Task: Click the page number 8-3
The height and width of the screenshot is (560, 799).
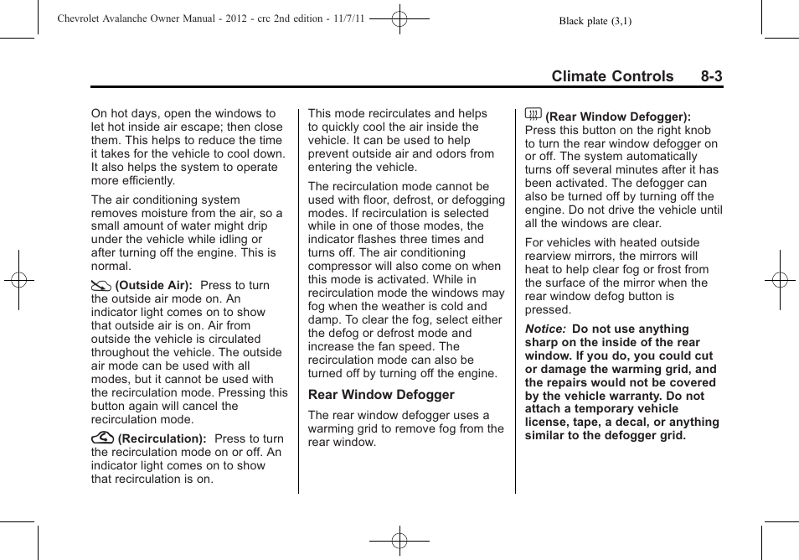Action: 712,76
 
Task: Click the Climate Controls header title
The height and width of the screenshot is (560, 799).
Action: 612,76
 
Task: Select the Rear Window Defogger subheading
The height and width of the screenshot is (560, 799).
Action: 381,395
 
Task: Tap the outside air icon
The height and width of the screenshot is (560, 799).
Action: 101,285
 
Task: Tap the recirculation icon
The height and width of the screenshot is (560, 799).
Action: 102,438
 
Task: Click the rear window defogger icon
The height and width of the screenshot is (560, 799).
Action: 533,115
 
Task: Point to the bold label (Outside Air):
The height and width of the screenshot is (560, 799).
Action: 154,286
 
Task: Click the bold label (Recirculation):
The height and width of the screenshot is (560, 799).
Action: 162,439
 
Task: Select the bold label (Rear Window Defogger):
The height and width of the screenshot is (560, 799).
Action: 618,117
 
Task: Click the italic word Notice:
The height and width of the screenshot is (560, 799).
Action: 544,329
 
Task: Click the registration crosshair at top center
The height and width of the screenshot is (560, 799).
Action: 399,18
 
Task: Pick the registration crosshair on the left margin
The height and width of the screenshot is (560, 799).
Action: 18,280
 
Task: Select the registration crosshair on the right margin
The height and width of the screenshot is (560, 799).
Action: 780,280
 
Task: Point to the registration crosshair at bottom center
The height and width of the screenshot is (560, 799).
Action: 399,541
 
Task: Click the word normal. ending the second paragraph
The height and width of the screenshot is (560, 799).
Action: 111,267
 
